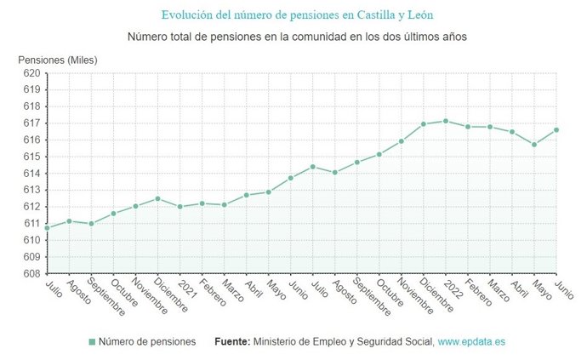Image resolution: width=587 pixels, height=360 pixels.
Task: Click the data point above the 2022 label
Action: [x=445, y=121]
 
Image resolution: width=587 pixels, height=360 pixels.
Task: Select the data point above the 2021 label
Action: [x=180, y=207]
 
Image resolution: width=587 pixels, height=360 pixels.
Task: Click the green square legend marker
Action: [x=91, y=342]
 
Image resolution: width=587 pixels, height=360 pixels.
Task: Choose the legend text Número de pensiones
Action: [x=147, y=342]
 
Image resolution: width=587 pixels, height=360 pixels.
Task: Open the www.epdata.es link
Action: [x=471, y=342]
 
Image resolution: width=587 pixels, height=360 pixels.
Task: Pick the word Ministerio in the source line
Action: [x=279, y=342]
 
